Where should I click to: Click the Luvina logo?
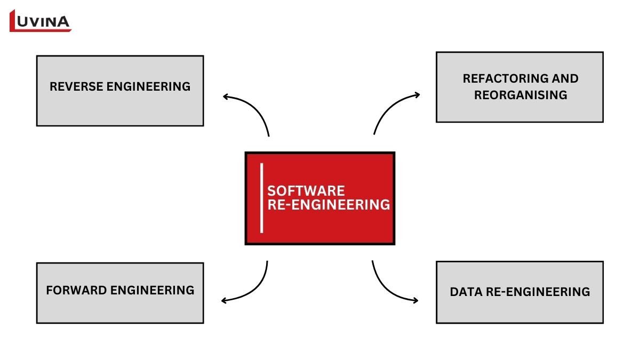coord(41,21)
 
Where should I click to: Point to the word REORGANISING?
coord(520,95)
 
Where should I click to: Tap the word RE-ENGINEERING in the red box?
coord(329,205)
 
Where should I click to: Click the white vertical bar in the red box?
coord(262,198)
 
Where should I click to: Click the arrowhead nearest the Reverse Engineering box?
coord(226,97)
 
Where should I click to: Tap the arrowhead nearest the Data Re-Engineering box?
coord(415,301)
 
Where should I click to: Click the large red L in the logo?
coord(15,21)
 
